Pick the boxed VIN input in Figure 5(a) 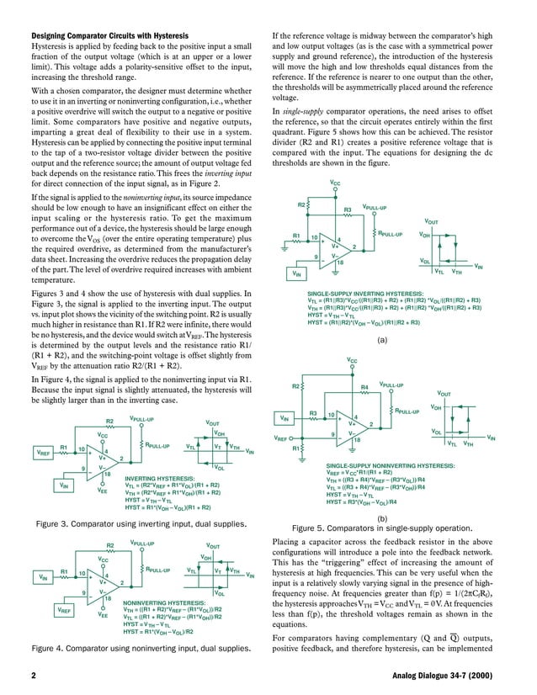pos(295,273)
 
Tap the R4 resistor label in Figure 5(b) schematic pos(364,386)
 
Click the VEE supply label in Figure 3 pos(103,491)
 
